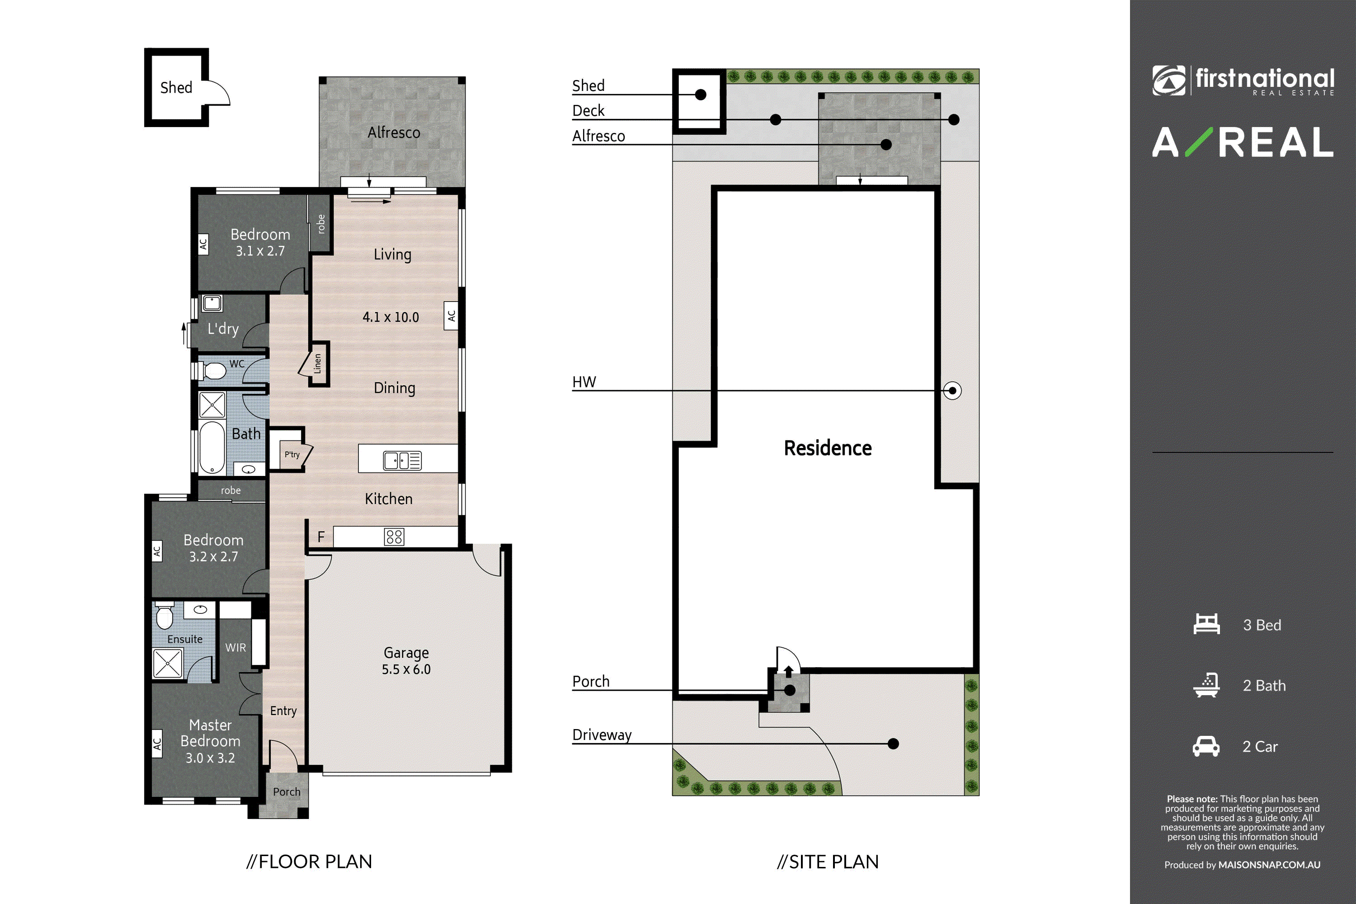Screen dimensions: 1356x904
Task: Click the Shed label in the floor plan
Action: pos(176,88)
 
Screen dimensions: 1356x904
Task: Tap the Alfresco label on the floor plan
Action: pos(394,132)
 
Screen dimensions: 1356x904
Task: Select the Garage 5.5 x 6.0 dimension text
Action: pos(406,661)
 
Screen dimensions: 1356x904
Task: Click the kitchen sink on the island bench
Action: pos(402,460)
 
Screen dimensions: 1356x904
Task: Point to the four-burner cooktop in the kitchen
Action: pos(394,537)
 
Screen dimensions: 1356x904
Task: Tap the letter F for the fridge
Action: pos(321,537)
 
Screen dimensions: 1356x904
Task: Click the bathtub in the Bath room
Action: pos(212,447)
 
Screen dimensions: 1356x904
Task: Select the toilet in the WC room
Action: pos(211,371)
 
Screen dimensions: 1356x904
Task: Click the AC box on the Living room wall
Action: pos(451,315)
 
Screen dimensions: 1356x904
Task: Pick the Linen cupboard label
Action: pos(317,364)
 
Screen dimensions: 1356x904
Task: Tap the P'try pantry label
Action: pos(292,454)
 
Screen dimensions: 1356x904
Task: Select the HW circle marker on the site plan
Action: pos(952,391)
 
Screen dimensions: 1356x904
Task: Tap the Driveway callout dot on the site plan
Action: pos(893,744)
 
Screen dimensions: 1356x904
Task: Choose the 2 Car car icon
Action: pos(1206,746)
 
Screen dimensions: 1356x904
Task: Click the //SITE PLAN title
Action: pos(828,862)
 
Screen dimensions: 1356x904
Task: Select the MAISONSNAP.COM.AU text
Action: pos(1269,865)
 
